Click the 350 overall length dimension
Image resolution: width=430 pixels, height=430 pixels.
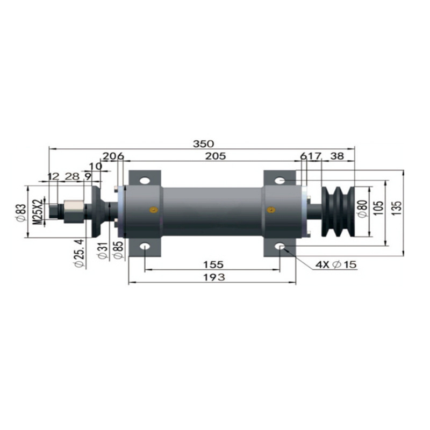pyautogui.click(x=203, y=144)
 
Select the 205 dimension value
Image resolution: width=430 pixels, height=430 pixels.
pyautogui.click(x=216, y=156)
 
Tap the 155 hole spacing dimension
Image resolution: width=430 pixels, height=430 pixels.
pyautogui.click(x=213, y=264)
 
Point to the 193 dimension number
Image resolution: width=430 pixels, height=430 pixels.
pyautogui.click(x=214, y=277)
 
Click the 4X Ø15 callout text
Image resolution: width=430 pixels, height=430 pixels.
pyautogui.click(x=336, y=264)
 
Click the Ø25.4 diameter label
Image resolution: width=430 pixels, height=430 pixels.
pyautogui.click(x=78, y=253)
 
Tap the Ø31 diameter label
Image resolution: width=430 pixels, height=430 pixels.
pyautogui.click(x=103, y=250)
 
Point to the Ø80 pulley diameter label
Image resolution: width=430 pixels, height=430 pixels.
pyautogui.click(x=363, y=209)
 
